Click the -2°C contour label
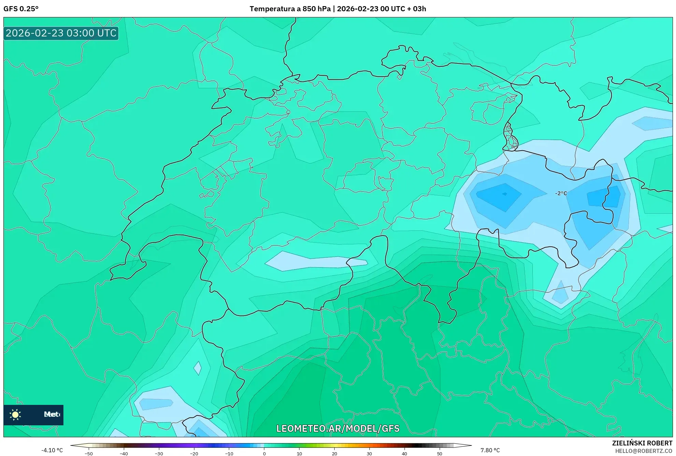[561, 193]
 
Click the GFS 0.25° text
[21, 9]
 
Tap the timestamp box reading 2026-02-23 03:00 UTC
[61, 33]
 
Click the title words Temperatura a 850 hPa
[290, 9]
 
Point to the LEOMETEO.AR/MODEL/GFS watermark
[338, 428]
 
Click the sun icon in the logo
[15, 414]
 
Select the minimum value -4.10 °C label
[52, 450]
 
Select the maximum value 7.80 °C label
[490, 450]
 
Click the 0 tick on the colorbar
[264, 453]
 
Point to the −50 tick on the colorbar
[89, 453]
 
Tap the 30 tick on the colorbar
[369, 453]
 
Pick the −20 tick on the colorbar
[194, 453]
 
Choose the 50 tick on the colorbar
[440, 453]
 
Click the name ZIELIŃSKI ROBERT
[642, 443]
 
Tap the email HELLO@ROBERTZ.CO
[644, 451]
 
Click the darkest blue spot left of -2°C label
[504, 194]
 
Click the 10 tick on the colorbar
[299, 453]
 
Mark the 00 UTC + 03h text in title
[403, 9]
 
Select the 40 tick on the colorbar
[405, 453]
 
